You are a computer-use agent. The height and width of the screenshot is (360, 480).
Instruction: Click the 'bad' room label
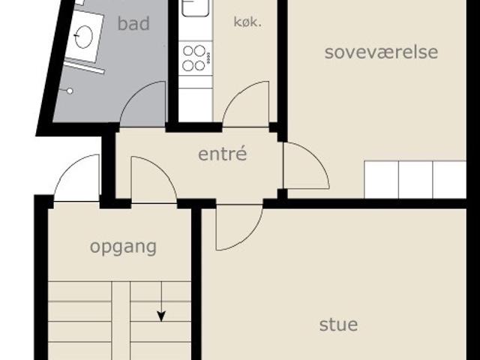coord(133,23)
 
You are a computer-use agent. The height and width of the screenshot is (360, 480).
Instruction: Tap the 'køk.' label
coord(247,22)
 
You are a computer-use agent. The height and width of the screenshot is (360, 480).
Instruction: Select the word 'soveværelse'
coord(381,52)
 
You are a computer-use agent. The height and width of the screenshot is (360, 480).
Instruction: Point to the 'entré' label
coord(222,154)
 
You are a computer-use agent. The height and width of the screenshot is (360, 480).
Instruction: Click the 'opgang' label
coord(123,247)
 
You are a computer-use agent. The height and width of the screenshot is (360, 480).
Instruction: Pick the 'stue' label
coord(338,325)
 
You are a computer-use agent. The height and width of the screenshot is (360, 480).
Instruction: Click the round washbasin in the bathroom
coord(83,37)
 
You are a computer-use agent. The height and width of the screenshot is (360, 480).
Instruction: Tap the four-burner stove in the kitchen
coord(195,58)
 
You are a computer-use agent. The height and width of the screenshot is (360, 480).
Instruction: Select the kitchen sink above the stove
coord(195,7)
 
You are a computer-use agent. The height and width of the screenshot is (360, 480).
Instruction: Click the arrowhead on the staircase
coord(161,316)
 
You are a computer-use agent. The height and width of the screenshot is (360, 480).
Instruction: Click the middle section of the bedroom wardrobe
coord(415,180)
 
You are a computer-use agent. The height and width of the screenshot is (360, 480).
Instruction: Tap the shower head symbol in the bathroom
coord(70,91)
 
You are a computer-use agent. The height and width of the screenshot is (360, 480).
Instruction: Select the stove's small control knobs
coord(208,58)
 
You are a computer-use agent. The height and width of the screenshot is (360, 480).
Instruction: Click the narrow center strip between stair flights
coord(121,320)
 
